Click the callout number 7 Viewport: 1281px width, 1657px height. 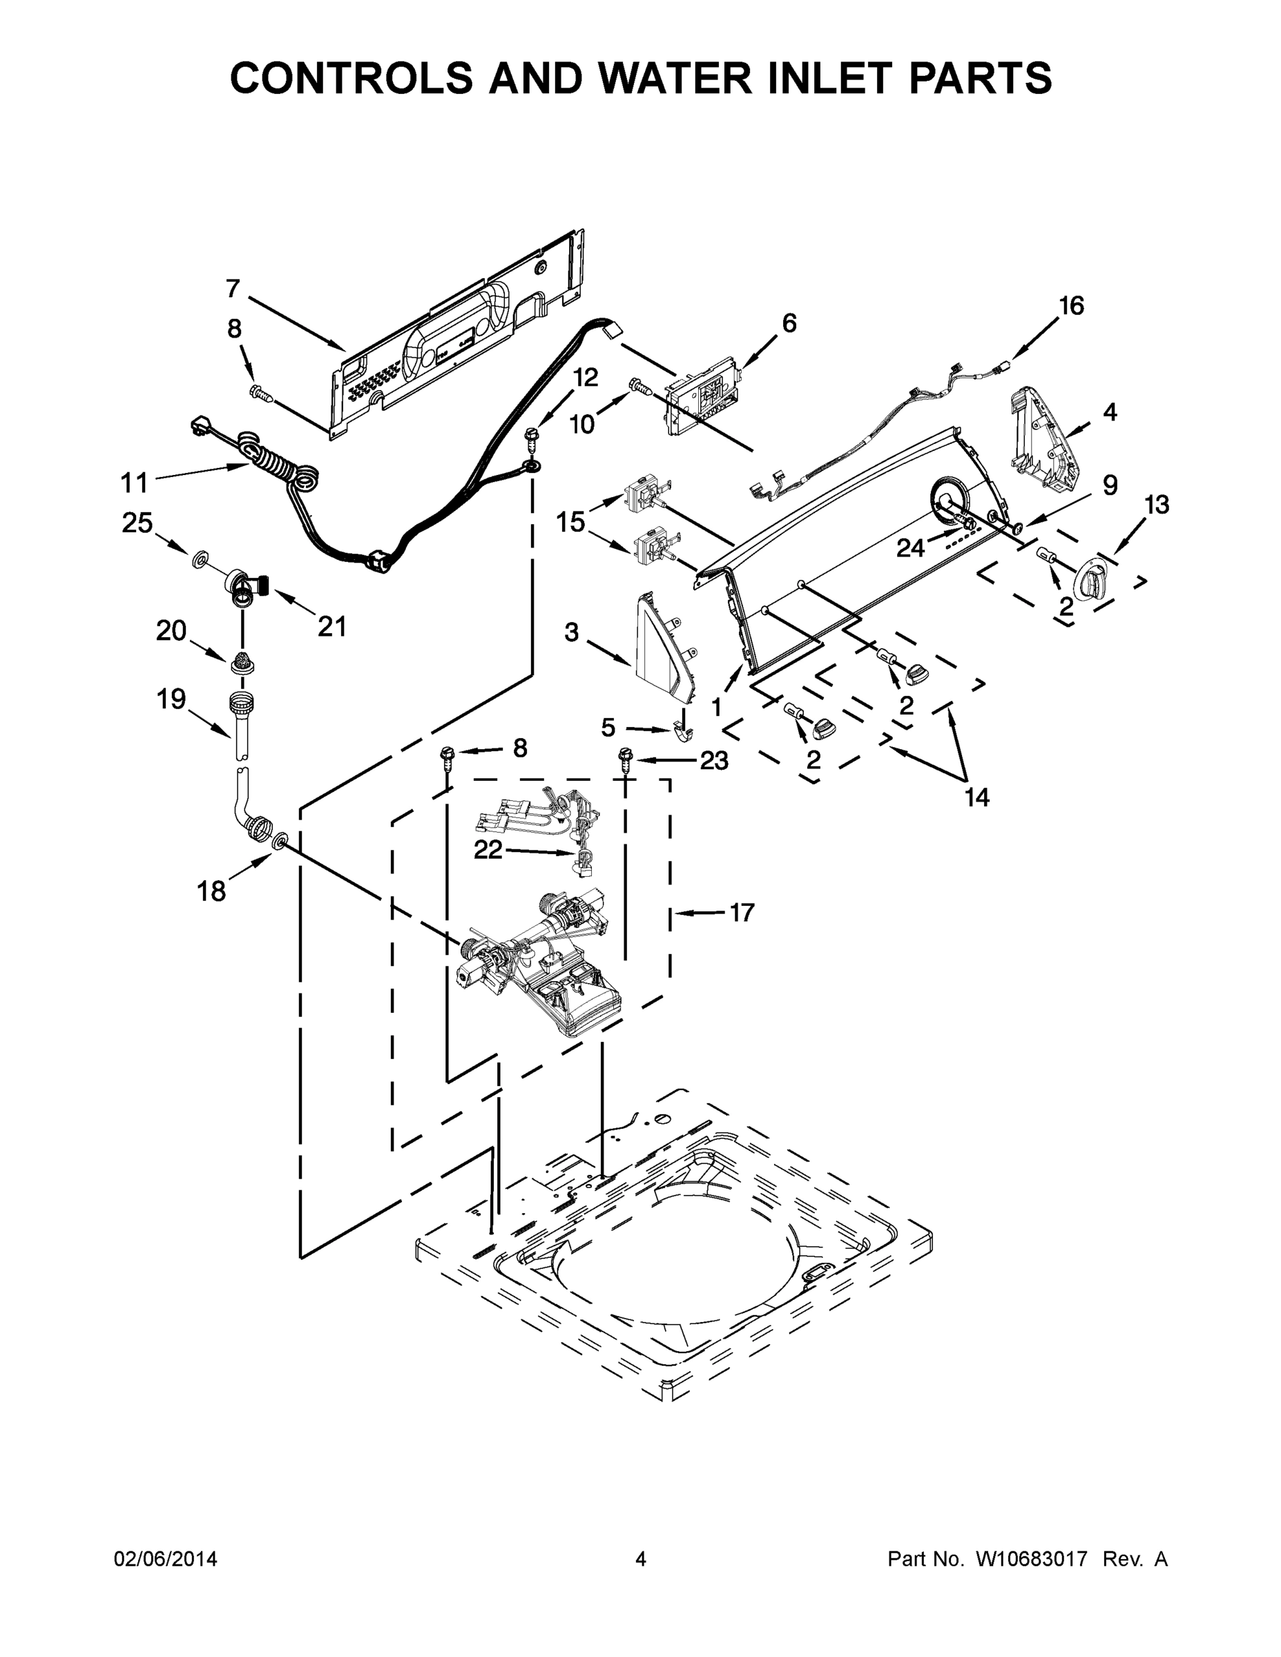tap(233, 289)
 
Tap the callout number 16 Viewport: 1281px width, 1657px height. tap(1072, 306)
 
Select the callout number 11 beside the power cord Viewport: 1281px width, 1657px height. tap(135, 483)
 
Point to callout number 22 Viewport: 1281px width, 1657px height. tap(488, 851)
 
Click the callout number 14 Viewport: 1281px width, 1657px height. tap(977, 797)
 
